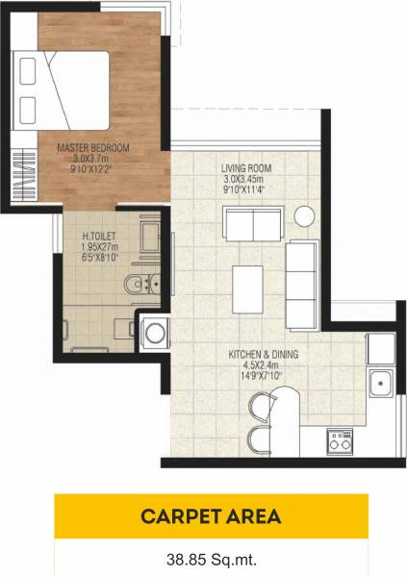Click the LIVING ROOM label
(x=246, y=168)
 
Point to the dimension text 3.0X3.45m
(x=246, y=179)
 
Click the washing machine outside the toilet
(x=154, y=333)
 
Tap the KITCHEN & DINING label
(x=264, y=354)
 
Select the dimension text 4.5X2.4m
(x=264, y=364)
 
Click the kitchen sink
(x=379, y=384)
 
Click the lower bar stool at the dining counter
(x=258, y=440)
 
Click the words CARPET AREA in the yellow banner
(x=211, y=516)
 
